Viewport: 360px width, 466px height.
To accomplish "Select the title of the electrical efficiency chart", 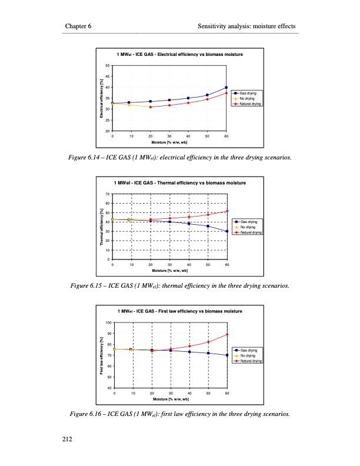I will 180,54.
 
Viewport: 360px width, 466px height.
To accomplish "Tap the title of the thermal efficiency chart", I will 180,183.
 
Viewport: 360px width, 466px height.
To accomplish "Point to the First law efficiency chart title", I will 180,311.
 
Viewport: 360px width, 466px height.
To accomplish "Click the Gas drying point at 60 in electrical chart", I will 226,88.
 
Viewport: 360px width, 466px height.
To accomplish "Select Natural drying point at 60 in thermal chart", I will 227,211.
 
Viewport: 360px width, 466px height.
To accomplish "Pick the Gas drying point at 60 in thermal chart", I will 227,231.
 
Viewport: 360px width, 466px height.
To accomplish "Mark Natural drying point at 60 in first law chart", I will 227,334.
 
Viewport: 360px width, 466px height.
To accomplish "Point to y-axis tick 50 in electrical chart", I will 107,65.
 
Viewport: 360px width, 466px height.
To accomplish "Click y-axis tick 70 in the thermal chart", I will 107,194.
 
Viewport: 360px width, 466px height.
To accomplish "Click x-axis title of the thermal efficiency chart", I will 169,271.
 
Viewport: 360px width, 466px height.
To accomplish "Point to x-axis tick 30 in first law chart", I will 171,392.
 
